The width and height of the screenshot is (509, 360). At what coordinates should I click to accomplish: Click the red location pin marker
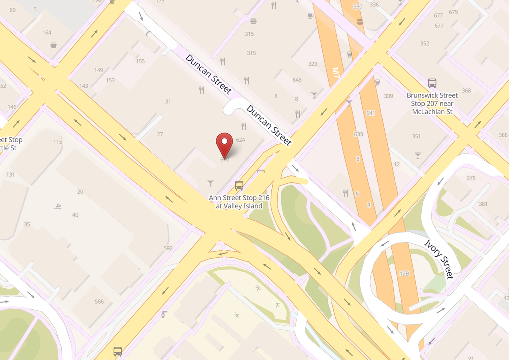point(224,144)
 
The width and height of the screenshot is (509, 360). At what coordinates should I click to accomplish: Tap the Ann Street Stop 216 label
point(239,202)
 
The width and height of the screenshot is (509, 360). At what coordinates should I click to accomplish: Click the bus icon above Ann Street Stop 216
point(239,186)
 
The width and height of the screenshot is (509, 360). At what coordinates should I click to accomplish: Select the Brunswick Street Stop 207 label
point(432,104)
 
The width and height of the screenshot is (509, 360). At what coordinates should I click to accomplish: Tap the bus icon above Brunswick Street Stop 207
point(432,83)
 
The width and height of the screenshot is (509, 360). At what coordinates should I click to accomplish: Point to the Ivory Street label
point(439,259)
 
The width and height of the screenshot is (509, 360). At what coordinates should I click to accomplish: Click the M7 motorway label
point(336,73)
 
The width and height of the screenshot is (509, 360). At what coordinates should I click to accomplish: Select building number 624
point(240,140)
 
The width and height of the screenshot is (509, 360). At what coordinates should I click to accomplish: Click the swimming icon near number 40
point(58,206)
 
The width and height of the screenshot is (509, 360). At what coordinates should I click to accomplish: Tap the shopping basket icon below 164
point(53,45)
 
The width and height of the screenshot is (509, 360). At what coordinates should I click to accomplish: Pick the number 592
point(168,248)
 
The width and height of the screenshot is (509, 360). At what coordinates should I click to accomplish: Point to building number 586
point(99,302)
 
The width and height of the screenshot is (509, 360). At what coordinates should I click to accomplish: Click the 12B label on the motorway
point(404,274)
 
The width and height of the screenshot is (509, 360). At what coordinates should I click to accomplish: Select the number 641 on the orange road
point(370,113)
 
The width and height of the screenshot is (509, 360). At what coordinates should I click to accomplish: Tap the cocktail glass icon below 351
point(418,156)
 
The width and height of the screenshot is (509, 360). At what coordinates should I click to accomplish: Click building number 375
point(471,178)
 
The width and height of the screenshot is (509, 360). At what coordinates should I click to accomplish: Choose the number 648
point(297,80)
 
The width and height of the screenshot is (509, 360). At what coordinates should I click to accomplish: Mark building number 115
point(58,142)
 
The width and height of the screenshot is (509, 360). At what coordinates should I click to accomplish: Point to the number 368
point(466,90)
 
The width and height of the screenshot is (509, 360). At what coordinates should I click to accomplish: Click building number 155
point(140,61)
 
